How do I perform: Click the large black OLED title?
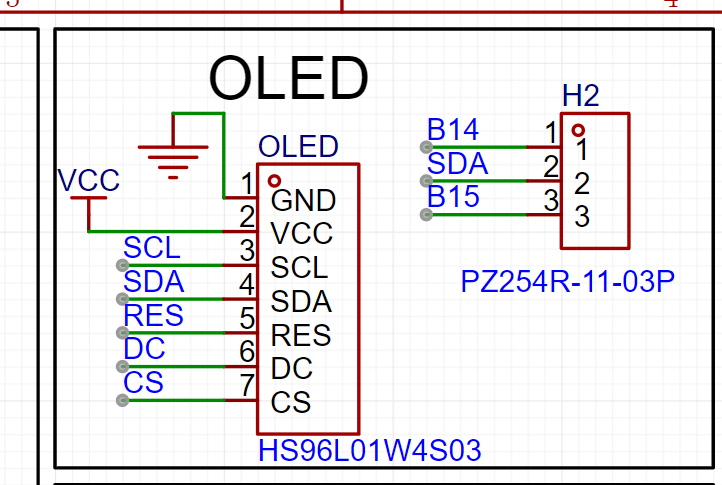[289, 78]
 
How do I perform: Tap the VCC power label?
[88, 180]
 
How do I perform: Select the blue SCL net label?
[152, 248]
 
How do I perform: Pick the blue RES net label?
[153, 316]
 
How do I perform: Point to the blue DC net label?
[144, 349]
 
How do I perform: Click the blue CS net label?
[143, 383]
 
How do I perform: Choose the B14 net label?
[453, 129]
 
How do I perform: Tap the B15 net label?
[453, 196]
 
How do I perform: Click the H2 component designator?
[581, 96]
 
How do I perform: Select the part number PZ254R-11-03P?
[568, 281]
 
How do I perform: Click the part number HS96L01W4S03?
[370, 450]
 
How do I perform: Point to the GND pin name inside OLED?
[303, 201]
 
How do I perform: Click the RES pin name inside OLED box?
[301, 335]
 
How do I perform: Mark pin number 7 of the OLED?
[247, 385]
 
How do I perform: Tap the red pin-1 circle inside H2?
[578, 130]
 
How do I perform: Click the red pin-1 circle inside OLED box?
[274, 181]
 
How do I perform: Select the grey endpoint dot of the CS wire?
[122, 400]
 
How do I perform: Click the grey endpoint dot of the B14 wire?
[426, 147]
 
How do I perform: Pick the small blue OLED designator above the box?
[298, 146]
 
